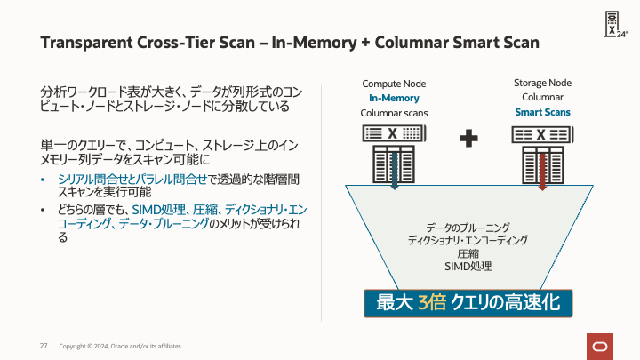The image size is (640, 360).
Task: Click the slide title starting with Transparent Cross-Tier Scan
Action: pyautogui.click(x=290, y=44)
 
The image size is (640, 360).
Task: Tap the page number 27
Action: pyautogui.click(x=43, y=345)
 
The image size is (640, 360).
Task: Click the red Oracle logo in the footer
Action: pyautogui.click(x=598, y=346)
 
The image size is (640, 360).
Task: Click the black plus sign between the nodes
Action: pyautogui.click(x=468, y=137)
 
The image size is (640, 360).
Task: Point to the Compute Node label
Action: pyautogui.click(x=394, y=83)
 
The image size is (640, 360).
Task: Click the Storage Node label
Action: pyautogui.click(x=542, y=83)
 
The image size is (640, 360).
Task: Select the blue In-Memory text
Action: pyautogui.click(x=394, y=98)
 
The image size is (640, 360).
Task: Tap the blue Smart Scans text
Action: pyautogui.click(x=542, y=113)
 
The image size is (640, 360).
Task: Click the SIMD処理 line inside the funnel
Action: pyautogui.click(x=468, y=266)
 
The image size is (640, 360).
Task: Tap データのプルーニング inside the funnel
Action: pyautogui.click(x=468, y=228)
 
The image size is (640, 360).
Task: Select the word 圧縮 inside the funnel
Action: pyautogui.click(x=468, y=253)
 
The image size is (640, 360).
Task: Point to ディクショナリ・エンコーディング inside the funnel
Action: pyautogui.click(x=468, y=240)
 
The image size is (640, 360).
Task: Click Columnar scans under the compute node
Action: pyautogui.click(x=394, y=113)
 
